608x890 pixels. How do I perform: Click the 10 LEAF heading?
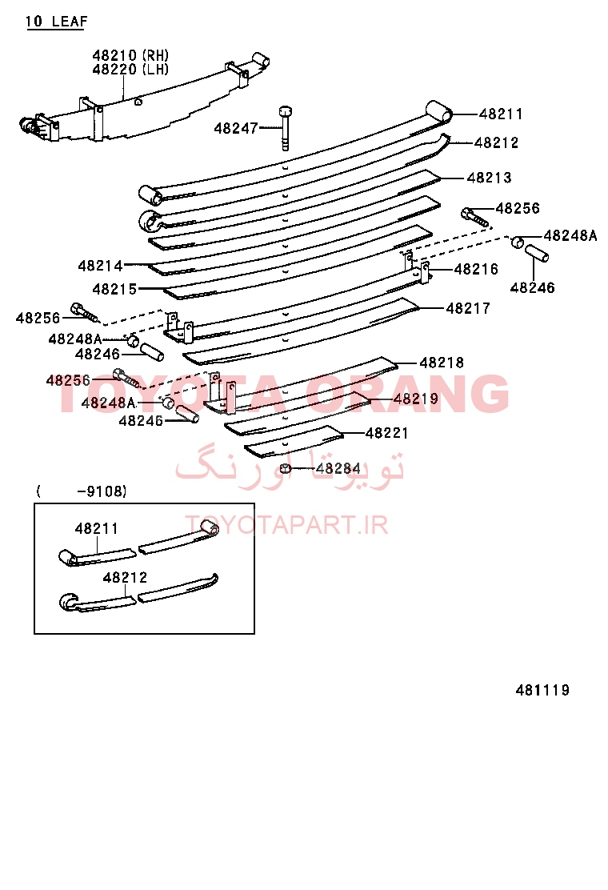coord(56,22)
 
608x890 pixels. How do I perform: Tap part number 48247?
coord(236,128)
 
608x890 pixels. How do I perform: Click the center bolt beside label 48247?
coord(286,128)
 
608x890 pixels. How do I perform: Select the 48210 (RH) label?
coord(130,55)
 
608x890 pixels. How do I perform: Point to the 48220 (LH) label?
coord(130,70)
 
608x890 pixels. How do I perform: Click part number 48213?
coord(489,178)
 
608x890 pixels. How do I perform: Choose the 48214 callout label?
coord(100,266)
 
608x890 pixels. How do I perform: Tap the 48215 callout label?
coord(114,289)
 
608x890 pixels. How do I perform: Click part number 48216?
coord(476,269)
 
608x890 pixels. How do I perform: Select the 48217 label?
coord(468,308)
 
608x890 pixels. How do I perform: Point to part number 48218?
coord(442,362)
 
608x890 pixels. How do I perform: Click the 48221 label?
coord(387,433)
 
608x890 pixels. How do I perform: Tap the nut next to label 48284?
coord(286,468)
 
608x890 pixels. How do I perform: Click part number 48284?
coord(338,468)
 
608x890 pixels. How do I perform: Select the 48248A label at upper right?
coord(570,235)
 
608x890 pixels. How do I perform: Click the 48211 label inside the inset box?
coord(97,528)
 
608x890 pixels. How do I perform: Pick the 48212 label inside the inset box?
coord(125,577)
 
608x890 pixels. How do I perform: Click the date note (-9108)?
coord(82,491)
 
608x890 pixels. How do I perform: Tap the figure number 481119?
coord(542,690)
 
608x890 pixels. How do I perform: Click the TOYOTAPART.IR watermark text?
coord(286,525)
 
